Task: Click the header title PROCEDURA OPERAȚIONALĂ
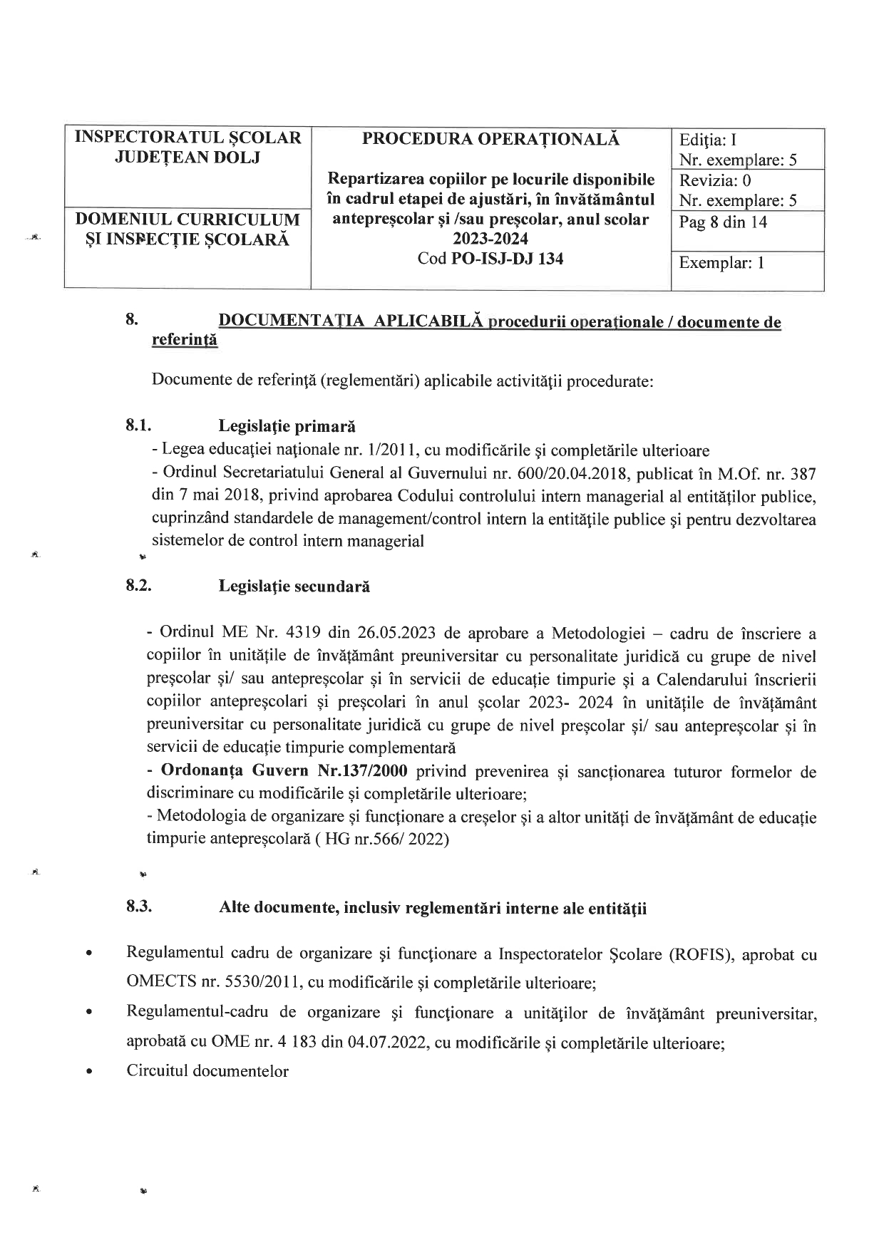[490, 139]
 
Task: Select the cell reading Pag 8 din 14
[723, 222]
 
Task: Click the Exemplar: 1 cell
[721, 263]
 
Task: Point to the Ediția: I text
[712, 140]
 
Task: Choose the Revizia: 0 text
[715, 181]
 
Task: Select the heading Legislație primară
[287, 427]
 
